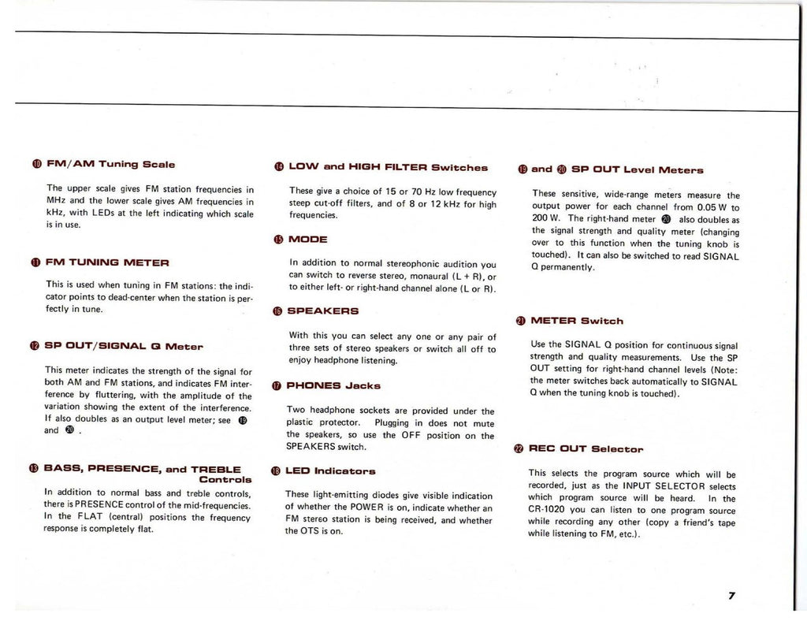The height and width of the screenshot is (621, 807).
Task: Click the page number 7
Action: [732, 596]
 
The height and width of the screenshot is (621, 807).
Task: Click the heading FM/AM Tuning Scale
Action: [111, 165]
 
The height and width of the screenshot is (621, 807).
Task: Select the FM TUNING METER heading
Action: [108, 261]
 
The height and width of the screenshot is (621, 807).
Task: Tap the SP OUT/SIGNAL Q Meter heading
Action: [125, 345]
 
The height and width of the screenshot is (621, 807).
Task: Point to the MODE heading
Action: [308, 239]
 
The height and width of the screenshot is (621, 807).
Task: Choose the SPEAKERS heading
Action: [324, 311]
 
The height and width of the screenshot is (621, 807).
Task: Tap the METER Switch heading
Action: [577, 321]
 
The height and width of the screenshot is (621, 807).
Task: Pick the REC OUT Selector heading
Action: [586, 449]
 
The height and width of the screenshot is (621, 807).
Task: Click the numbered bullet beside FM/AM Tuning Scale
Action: [36, 165]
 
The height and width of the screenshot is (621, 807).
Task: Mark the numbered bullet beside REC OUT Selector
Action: [519, 449]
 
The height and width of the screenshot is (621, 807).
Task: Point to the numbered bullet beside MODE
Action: [277, 239]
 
